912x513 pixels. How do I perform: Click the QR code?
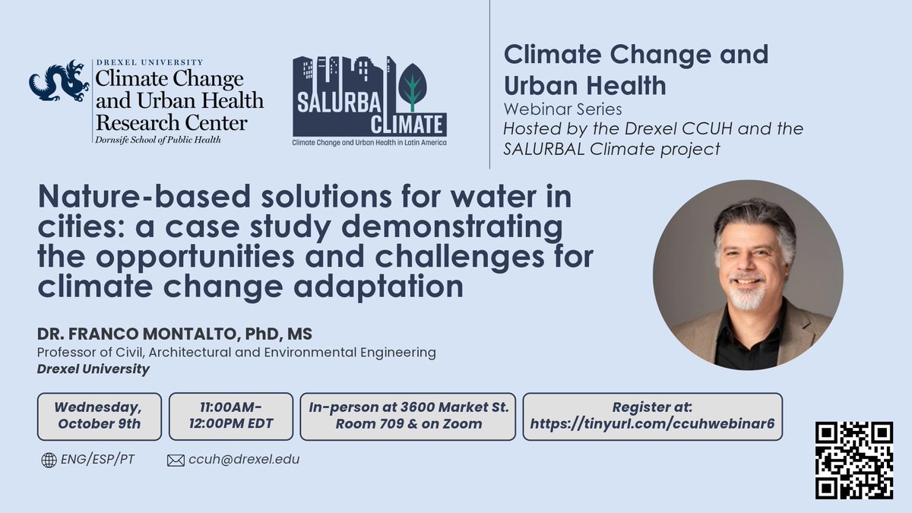point(853,461)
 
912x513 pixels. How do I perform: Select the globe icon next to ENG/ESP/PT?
point(49,460)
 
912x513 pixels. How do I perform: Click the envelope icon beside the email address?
point(176,460)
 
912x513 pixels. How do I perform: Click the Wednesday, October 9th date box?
point(100,416)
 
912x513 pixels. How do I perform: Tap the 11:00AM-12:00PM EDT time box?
point(230,416)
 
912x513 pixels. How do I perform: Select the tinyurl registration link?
point(652,423)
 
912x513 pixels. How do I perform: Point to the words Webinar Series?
point(563,110)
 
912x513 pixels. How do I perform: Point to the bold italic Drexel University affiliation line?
point(93,369)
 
